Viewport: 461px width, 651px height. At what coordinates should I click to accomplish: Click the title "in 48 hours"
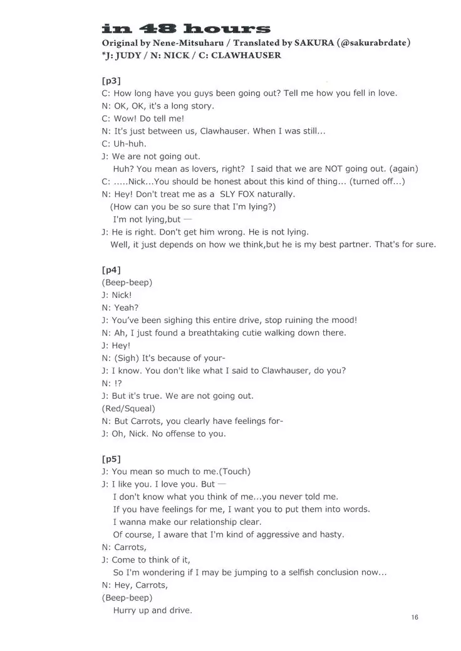(186, 29)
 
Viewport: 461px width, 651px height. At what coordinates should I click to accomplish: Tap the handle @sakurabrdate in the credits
(375, 43)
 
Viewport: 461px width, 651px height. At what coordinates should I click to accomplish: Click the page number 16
(415, 617)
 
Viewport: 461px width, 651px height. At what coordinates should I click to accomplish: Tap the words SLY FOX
(245, 194)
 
